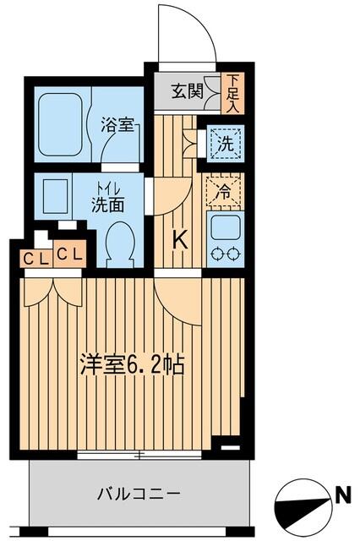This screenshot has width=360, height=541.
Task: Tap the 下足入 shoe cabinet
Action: pos(232,92)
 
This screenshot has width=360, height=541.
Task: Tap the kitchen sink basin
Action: pos(225,226)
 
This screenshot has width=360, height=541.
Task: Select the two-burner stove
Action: pos(225,254)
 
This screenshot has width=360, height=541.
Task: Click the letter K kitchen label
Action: pos(180,240)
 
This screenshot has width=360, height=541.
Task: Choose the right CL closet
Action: pos(69,253)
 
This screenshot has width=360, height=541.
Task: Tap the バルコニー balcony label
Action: pos(136,494)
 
